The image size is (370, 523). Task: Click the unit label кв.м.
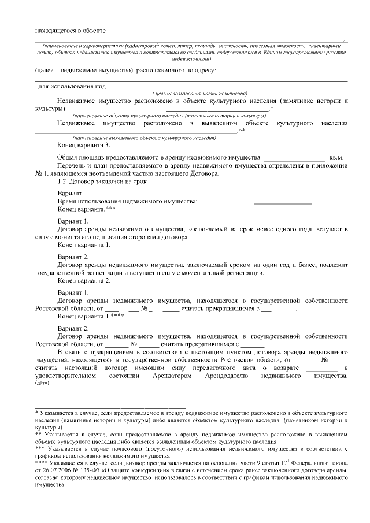pos(336,157)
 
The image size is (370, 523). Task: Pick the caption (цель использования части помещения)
pos(200,94)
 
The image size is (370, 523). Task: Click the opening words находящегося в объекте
pos(69,31)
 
